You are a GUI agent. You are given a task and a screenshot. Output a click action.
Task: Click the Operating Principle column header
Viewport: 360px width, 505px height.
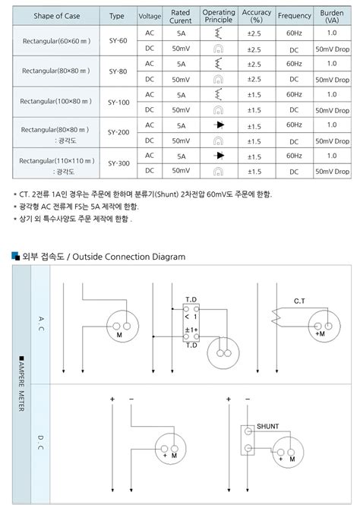tap(219, 17)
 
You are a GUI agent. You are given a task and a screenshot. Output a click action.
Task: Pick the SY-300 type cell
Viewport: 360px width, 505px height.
tap(118, 163)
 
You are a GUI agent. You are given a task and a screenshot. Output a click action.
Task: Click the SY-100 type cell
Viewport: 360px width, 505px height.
tap(118, 103)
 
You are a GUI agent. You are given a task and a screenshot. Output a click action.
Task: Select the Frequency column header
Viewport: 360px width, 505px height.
tap(294, 17)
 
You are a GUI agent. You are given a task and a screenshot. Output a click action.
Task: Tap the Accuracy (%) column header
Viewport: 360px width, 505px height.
tap(257, 17)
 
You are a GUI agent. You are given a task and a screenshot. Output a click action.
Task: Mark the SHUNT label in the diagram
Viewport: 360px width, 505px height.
tap(267, 427)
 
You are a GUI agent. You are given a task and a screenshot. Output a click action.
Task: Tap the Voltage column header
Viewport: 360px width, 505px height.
tap(150, 17)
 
